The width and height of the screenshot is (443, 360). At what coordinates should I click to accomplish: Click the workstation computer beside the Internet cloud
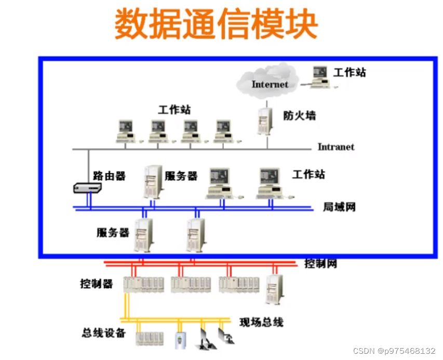pyautogui.click(x=320, y=77)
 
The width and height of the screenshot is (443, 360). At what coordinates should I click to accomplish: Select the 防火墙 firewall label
pyautogui.click(x=299, y=115)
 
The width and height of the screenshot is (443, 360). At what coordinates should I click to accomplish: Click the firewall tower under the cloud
pyautogui.click(x=265, y=121)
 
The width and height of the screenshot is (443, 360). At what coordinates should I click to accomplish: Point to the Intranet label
pyautogui.click(x=335, y=147)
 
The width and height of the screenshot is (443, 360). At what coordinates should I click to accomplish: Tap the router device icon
pyautogui.click(x=86, y=188)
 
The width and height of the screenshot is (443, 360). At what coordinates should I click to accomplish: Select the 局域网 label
pyautogui.click(x=339, y=207)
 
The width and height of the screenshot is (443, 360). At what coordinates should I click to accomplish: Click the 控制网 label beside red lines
pyautogui.click(x=320, y=263)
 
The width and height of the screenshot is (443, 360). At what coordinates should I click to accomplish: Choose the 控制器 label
pyautogui.click(x=96, y=284)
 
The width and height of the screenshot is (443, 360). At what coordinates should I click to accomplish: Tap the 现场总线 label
pyautogui.click(x=261, y=322)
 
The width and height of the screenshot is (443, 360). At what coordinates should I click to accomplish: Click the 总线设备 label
pyautogui.click(x=103, y=333)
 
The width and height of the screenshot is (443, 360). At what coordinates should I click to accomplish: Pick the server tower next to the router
pyautogui.click(x=152, y=182)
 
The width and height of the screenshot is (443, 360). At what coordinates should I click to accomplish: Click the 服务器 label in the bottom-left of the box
pyautogui.click(x=113, y=232)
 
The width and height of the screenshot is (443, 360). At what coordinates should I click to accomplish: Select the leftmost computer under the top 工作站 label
pyautogui.click(x=126, y=131)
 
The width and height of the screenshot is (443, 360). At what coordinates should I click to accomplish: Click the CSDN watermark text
pyautogui.click(x=394, y=351)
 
